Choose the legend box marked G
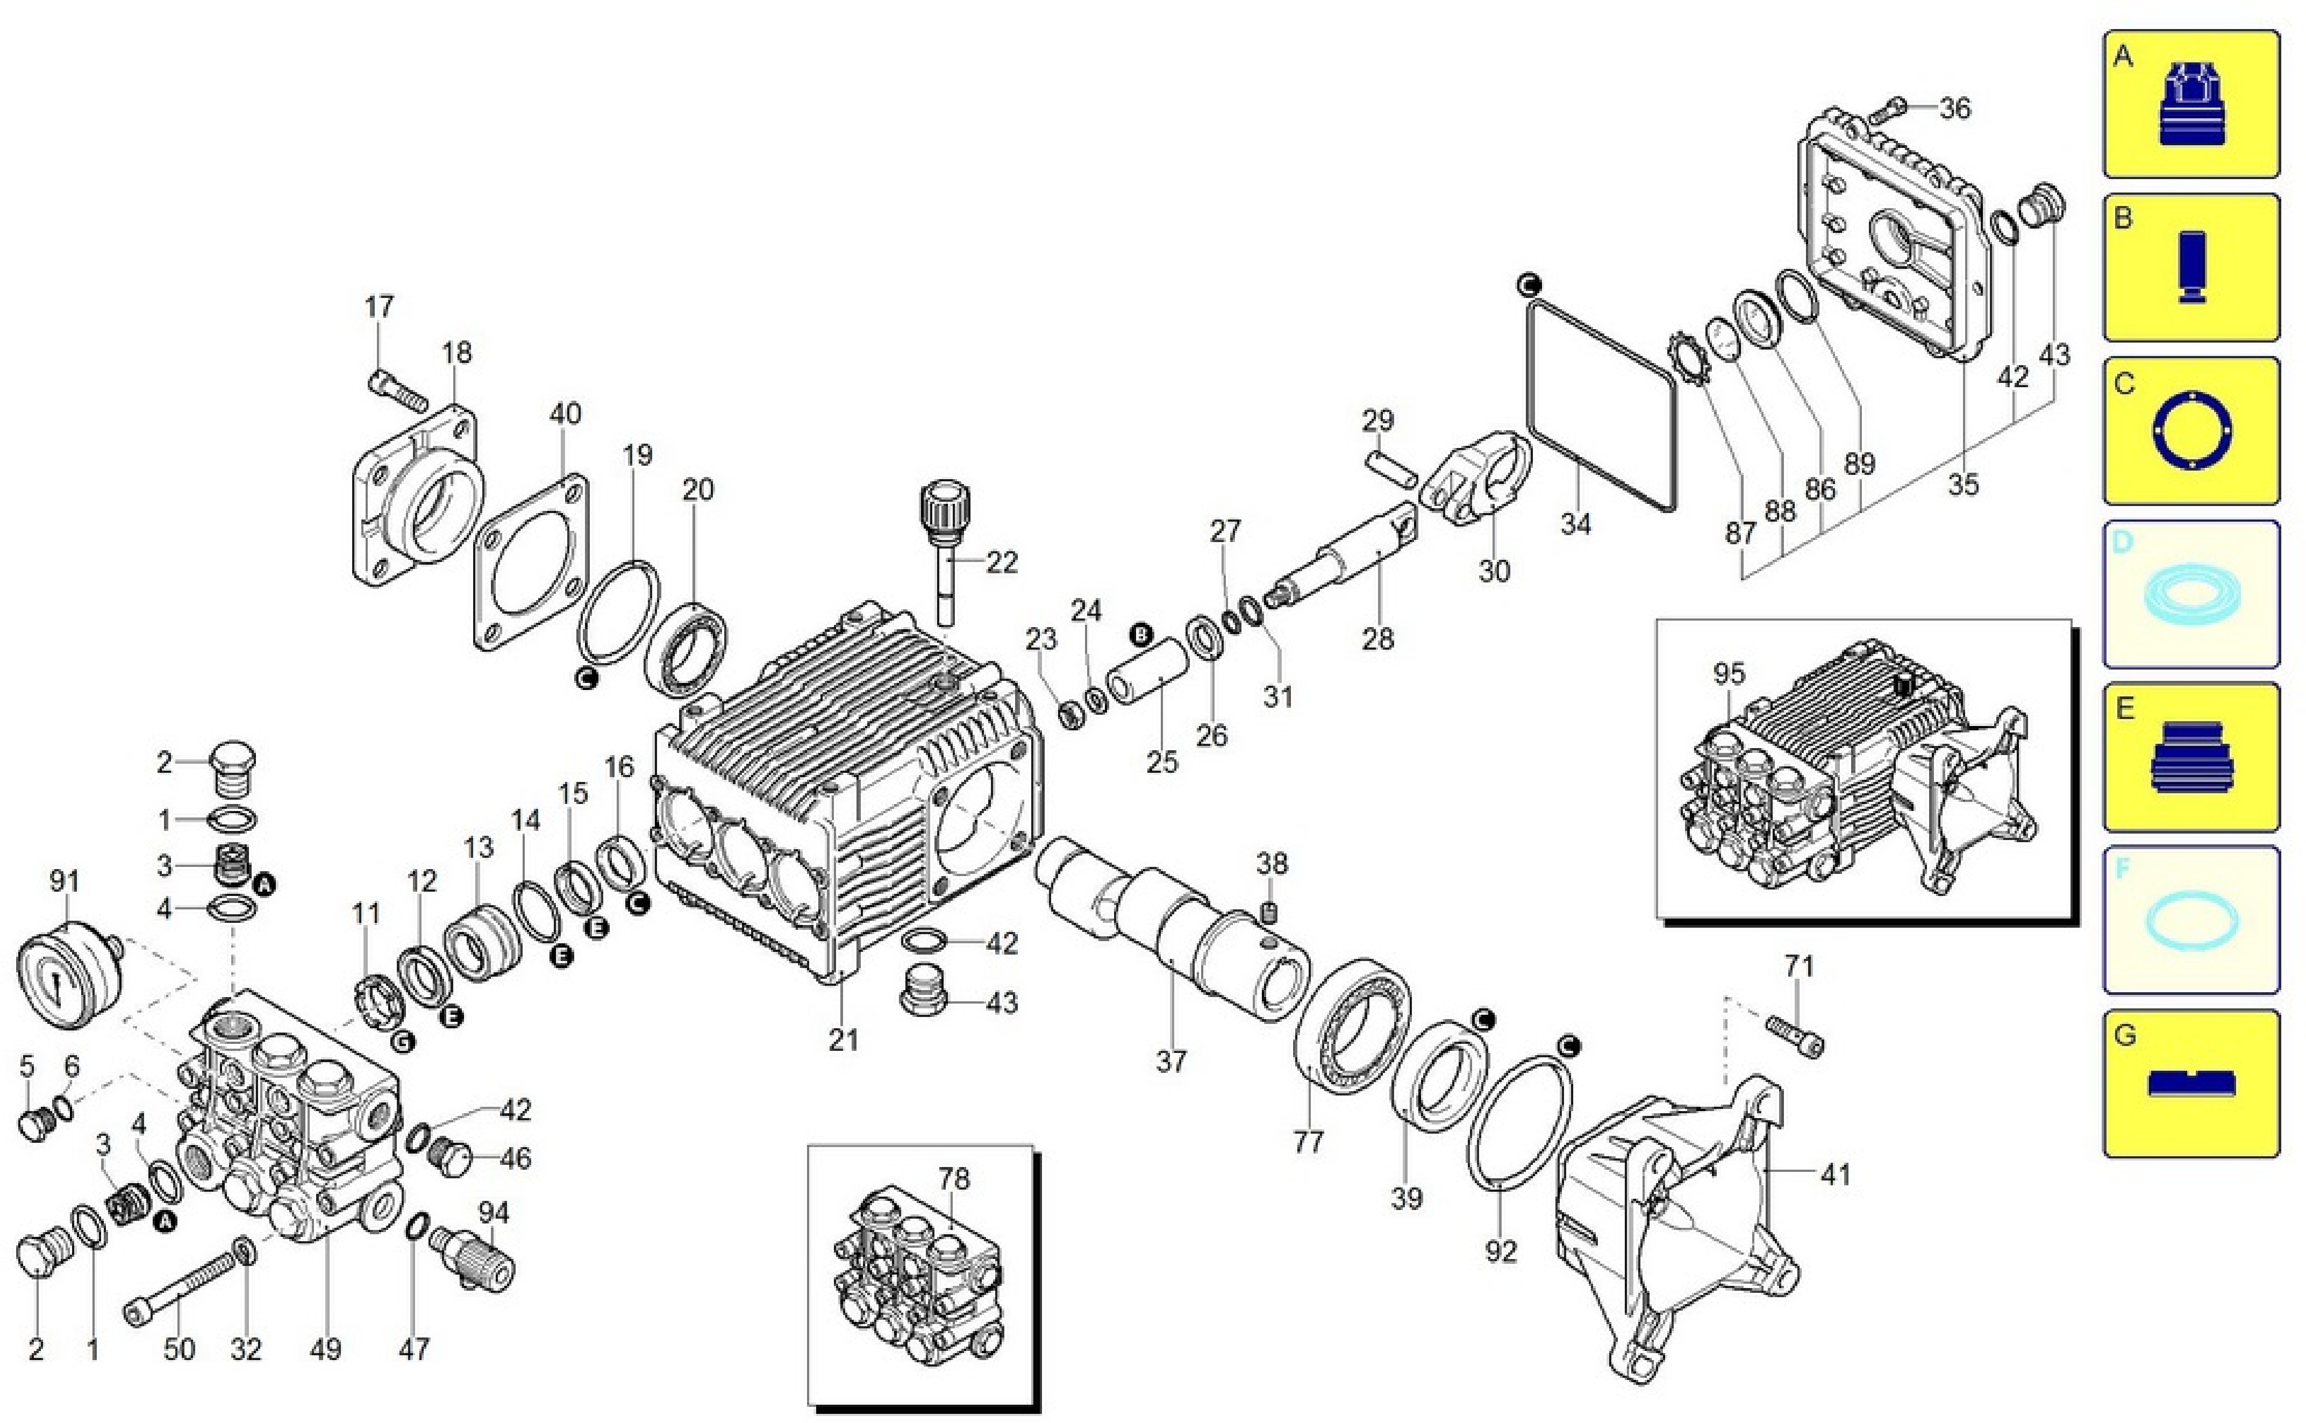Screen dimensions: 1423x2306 2190,1082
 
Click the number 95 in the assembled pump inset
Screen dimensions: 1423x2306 1729,674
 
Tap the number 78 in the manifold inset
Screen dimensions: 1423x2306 953,1178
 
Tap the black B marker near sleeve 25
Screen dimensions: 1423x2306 1141,635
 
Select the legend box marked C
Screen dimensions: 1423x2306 2190,431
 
